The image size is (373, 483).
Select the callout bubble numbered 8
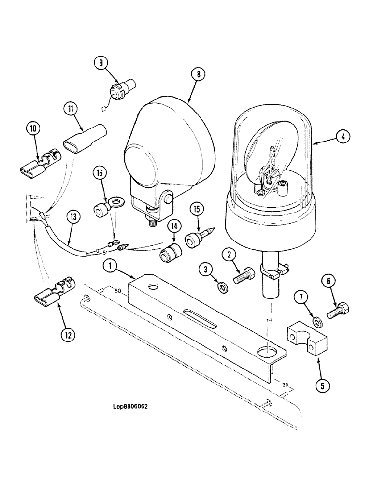[x=198, y=74]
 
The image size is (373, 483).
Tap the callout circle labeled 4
[x=342, y=137]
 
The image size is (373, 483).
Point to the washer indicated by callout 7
[x=315, y=321]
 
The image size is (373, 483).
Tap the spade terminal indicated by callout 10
[x=39, y=164]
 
